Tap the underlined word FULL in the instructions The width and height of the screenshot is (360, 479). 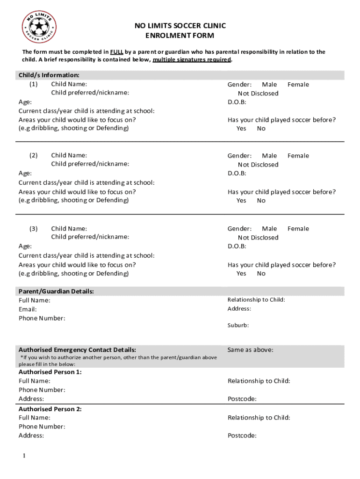[x=116, y=52]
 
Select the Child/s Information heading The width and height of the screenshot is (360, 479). [x=49, y=75]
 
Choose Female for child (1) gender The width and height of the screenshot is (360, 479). [x=298, y=85]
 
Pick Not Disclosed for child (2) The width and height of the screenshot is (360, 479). [x=258, y=165]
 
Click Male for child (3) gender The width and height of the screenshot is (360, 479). [x=269, y=229]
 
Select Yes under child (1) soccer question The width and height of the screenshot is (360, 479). [x=241, y=129]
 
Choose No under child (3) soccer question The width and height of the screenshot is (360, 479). [x=261, y=274]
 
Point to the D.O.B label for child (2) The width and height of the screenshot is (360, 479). [x=237, y=174]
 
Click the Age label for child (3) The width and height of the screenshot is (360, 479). [x=25, y=246]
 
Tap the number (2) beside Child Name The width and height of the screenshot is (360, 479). [x=33, y=156]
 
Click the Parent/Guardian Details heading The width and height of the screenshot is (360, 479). [x=56, y=291]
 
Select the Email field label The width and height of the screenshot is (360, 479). [x=28, y=310]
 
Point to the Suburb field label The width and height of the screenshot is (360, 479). [x=238, y=325]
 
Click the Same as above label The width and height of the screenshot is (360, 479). [x=250, y=350]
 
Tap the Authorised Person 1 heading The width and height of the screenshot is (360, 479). [x=50, y=372]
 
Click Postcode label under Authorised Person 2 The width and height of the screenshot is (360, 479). [x=242, y=436]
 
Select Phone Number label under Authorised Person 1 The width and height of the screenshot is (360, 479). [x=42, y=390]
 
